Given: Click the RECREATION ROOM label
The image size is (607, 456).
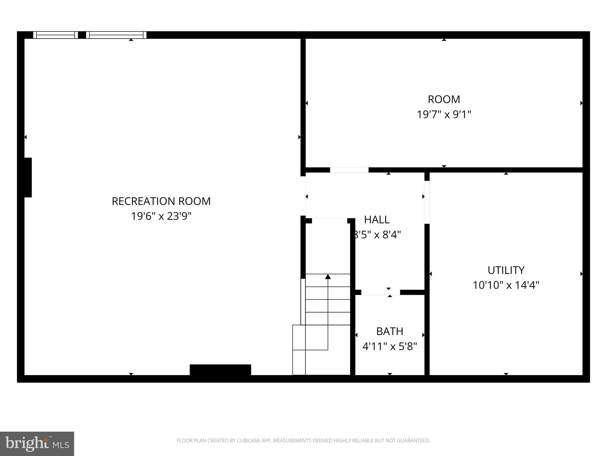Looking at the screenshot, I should click(x=161, y=201).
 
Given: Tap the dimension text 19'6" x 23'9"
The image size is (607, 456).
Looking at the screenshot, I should click(x=161, y=216).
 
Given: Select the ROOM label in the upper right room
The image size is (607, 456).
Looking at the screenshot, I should click(x=444, y=99).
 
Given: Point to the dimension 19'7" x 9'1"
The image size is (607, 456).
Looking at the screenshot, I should click(x=444, y=114).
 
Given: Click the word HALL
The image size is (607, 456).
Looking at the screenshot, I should click(x=377, y=220).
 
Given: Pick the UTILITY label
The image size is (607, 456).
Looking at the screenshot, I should click(x=506, y=270).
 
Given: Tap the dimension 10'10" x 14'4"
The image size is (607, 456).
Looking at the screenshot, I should click(x=506, y=285).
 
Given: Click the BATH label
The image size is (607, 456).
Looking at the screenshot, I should click(x=389, y=331).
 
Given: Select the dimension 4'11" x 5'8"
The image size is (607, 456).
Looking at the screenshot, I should click(x=389, y=346).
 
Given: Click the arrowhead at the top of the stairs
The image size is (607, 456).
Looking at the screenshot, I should click(x=328, y=277).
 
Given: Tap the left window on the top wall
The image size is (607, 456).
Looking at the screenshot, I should click(x=55, y=35).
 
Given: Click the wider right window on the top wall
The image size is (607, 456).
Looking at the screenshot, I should click(x=116, y=35).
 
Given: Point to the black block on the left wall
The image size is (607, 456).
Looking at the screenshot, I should click(x=28, y=177).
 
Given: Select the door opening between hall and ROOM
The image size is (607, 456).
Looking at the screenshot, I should click(x=349, y=170).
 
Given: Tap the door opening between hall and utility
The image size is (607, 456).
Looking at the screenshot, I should click(x=427, y=202).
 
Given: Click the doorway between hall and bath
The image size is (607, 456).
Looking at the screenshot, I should click(x=381, y=292).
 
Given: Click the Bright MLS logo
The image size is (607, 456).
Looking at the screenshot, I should click(x=37, y=444).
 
